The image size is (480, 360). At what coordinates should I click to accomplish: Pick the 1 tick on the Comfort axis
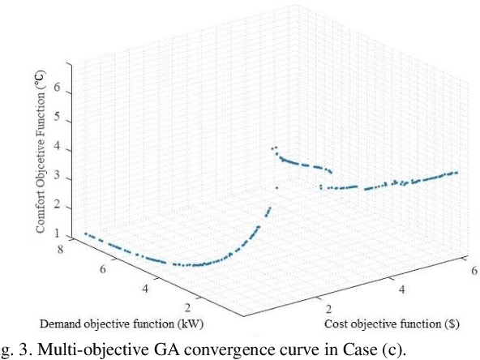tap(58, 234)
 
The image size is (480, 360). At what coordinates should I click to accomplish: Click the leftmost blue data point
tap(85, 234)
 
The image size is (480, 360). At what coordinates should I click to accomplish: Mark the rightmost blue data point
tap(457, 173)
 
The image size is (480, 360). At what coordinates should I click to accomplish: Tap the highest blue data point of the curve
tap(276, 147)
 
